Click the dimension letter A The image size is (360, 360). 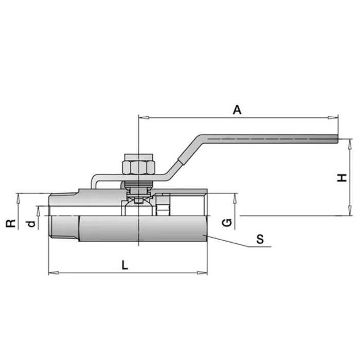click(237, 110)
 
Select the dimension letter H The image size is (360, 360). click(341, 178)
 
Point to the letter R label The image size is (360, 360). click(9, 223)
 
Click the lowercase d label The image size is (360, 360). click(31, 224)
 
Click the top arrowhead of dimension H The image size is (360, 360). click(349, 141)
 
